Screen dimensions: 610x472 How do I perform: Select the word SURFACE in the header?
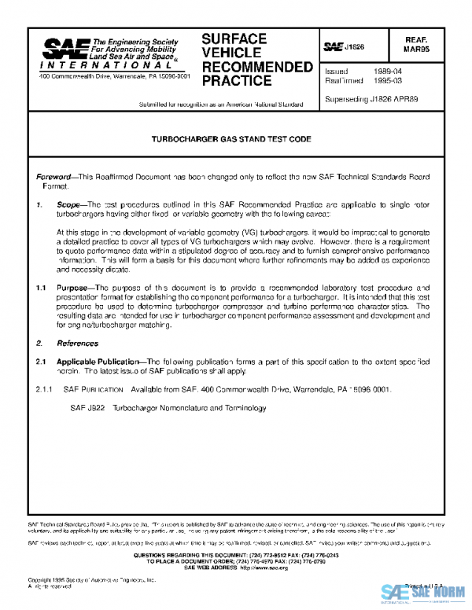click(x=234, y=39)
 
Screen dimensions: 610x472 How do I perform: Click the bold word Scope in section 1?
click(x=69, y=203)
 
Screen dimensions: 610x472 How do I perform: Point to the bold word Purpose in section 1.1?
click(x=77, y=288)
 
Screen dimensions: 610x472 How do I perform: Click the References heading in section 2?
click(x=77, y=344)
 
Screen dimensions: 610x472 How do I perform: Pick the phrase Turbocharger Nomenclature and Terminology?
click(x=189, y=408)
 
